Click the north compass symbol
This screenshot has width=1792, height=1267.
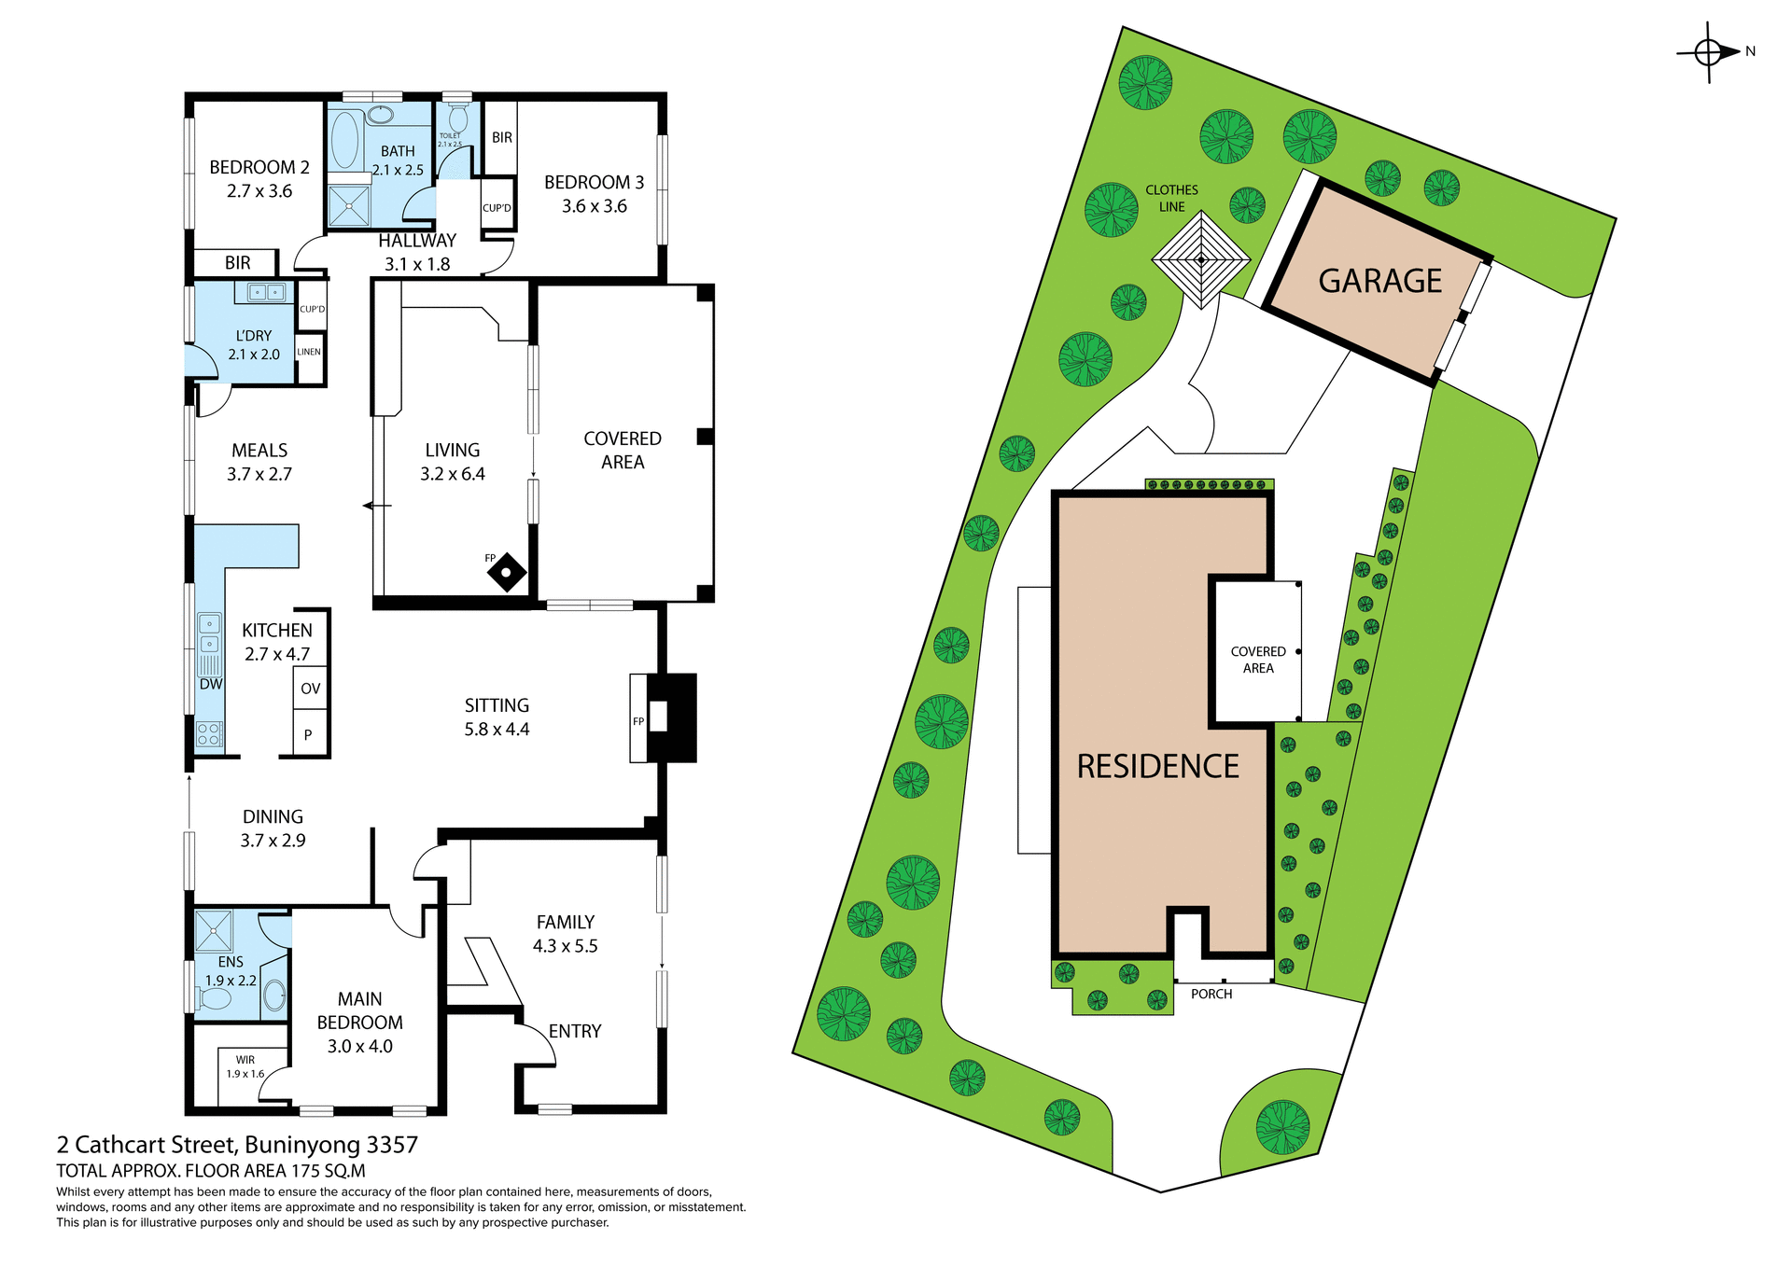coord(1708,53)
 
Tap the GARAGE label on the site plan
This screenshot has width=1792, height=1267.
coord(1379,281)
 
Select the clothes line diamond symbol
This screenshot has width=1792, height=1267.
coord(1200,259)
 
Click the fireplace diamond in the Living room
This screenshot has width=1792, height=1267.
coord(507,572)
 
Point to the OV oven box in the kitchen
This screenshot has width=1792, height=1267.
coord(311,689)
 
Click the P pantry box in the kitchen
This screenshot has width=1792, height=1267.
coord(308,734)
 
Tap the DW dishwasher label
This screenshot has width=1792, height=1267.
coord(211,684)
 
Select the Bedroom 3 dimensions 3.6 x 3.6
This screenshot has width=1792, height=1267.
coord(594,206)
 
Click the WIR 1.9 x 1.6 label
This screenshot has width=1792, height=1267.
coord(245,1066)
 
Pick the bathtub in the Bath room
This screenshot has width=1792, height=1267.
coord(344,140)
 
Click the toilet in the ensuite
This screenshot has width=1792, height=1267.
coord(216,998)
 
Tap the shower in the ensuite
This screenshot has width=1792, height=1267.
coord(214,930)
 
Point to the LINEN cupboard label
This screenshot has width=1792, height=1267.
coord(309,352)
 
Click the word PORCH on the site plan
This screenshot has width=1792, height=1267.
coord(1211,994)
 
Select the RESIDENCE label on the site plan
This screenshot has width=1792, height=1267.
coord(1157,766)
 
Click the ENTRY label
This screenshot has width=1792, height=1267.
coord(575,1031)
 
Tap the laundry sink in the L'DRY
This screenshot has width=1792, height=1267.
coord(266,293)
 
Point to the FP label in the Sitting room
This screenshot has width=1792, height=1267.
coord(638,721)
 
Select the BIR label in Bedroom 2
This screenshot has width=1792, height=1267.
coord(237,263)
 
